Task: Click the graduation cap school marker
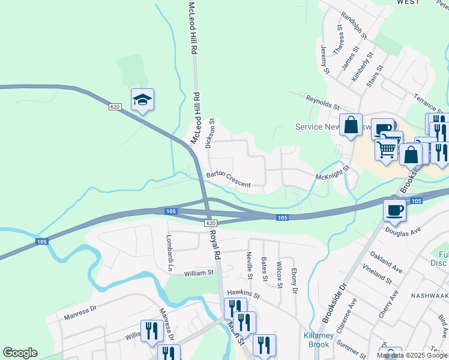pyautogui.click(x=143, y=100)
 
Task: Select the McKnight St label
pyautogui.click(x=333, y=175)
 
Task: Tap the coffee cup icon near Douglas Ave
pyautogui.click(x=394, y=210)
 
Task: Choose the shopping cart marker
pyautogui.click(x=387, y=149)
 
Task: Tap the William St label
pyautogui.click(x=199, y=273)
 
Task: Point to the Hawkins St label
pyautogui.click(x=243, y=294)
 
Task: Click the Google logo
pyautogui.click(x=20, y=353)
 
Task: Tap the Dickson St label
pyautogui.click(x=209, y=133)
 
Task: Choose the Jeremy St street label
pyautogui.click(x=325, y=59)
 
